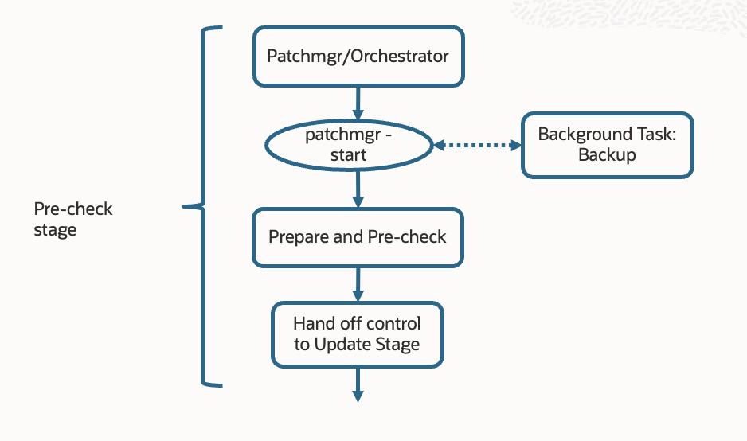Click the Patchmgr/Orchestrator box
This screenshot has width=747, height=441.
coord(358,57)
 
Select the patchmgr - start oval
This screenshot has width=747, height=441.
coord(349,145)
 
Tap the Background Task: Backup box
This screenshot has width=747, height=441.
coord(607,145)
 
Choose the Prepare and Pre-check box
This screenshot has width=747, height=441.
coord(358,237)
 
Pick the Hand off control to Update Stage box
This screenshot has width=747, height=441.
coord(358,334)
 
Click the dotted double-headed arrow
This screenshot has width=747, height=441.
coord(476,145)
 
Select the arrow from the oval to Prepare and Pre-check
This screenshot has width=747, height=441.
coord(358,190)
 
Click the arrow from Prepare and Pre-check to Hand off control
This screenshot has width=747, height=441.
coord(358,283)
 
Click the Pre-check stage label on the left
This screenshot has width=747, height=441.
coord(72,219)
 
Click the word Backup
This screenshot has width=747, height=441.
coord(607,155)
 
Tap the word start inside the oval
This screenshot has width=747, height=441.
coord(349,155)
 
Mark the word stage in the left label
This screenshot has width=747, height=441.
coord(55,230)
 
